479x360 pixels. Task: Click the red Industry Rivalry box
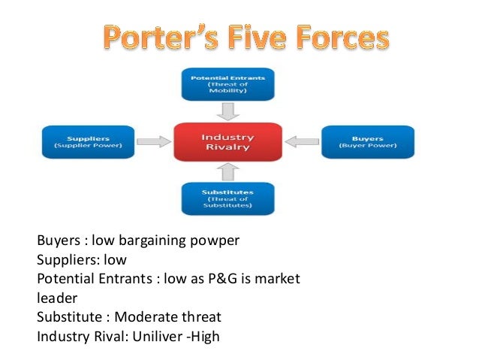coord(227,141)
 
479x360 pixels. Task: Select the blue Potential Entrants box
coord(228,83)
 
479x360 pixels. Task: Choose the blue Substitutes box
coord(228,198)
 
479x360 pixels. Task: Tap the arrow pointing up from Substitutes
coord(228,171)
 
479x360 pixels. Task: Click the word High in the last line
coord(204,336)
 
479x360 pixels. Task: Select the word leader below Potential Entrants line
coord(57,298)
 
